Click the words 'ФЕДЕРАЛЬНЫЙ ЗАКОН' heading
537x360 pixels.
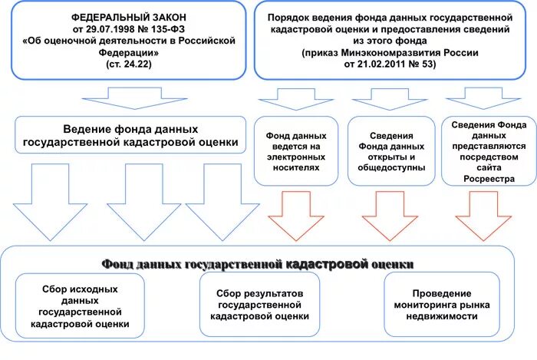pos(128,16)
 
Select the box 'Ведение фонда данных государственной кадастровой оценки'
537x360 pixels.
pos(128,136)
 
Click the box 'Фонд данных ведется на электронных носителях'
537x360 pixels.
pos(295,151)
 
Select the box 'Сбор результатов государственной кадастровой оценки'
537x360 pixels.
pos(259,305)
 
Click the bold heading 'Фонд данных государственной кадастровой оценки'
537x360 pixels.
pos(259,264)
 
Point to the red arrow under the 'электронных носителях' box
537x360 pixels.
pos(295,213)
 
